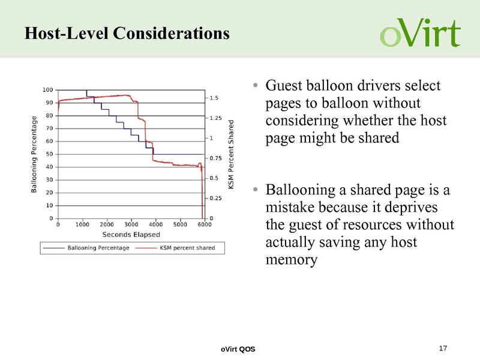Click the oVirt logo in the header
click(420, 32)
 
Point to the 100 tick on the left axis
click(46, 90)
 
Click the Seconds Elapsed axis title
click(131, 234)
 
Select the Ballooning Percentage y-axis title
click(34, 154)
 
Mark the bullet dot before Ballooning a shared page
click(256, 191)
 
